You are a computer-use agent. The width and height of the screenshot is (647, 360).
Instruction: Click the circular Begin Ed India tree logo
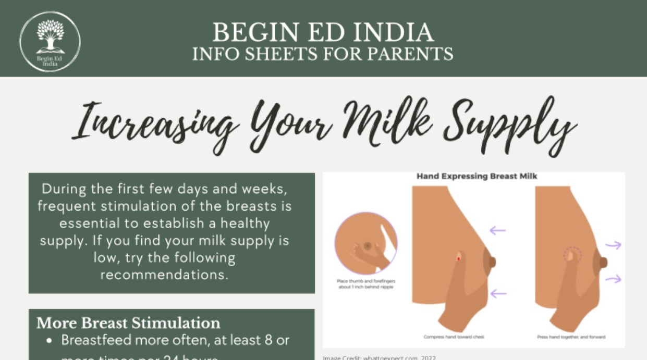50,41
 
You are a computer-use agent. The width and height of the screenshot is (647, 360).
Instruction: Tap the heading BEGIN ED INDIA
323,33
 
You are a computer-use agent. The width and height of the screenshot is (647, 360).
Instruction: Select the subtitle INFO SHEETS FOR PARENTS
323,54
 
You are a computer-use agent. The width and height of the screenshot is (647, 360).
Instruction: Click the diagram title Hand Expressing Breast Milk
477,177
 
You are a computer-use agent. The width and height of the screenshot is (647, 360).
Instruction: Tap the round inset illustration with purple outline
366,243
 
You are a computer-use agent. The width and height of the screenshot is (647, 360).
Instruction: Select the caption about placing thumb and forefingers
366,284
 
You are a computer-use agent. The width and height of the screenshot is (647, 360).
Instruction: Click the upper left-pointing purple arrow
498,229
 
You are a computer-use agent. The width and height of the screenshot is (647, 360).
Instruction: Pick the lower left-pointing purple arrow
498,294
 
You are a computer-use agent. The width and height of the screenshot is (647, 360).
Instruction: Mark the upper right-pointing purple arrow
613,245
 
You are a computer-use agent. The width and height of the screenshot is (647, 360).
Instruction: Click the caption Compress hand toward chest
454,337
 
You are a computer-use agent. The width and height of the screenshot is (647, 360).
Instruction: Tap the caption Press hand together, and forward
571,337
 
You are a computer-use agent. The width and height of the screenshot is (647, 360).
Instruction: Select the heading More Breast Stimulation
128,323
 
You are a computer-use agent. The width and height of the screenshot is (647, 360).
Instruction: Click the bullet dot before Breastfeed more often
50,341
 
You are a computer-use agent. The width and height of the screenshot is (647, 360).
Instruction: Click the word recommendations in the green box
164,275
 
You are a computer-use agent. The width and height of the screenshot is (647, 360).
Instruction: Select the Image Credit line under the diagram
379,357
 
